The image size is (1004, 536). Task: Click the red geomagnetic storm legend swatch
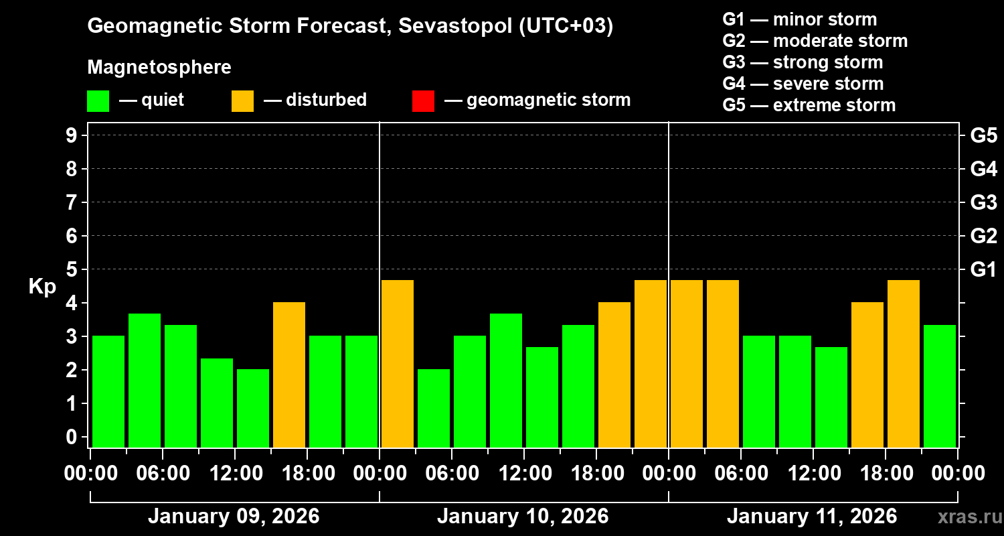[423, 100]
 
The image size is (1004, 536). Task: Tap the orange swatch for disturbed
[242, 100]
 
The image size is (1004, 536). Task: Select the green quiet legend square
[98, 100]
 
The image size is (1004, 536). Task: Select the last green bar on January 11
[940, 385]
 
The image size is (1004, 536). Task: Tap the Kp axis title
[42, 286]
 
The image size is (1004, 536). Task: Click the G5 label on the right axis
[983, 135]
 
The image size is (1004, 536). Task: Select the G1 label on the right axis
[983, 269]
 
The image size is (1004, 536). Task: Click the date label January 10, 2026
[523, 517]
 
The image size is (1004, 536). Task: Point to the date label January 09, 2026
[234, 517]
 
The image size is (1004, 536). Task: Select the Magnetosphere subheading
[159, 68]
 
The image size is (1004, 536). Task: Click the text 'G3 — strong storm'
[803, 62]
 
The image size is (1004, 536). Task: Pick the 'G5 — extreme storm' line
[809, 105]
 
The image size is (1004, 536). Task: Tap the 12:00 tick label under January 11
[813, 474]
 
